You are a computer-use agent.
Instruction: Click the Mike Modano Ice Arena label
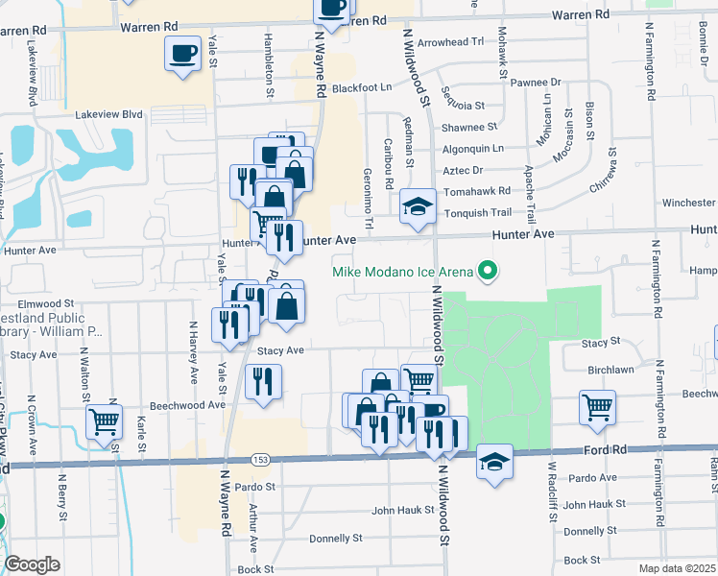403,272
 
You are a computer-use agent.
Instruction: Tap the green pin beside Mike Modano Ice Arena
488,271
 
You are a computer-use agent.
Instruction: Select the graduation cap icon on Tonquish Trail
418,206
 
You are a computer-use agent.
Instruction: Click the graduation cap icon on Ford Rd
494,462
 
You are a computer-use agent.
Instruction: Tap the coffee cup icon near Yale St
182,54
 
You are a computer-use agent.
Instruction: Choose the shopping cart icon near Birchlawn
597,407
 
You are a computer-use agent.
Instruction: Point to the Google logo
31,564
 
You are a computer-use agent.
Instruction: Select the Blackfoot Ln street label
362,87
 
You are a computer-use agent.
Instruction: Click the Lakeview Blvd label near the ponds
108,114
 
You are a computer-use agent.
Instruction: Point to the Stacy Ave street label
279,351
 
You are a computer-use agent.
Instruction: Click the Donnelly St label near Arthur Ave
335,539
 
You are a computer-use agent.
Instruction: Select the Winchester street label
688,203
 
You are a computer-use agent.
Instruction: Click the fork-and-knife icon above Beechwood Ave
263,382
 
